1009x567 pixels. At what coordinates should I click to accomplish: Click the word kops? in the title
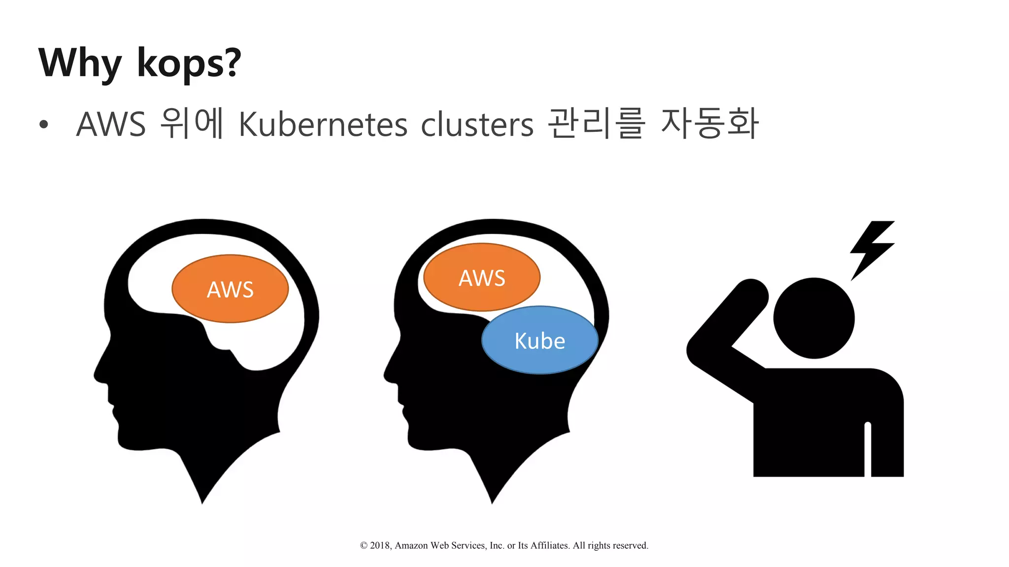pos(189,63)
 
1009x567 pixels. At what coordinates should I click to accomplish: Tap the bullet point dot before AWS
pos(44,125)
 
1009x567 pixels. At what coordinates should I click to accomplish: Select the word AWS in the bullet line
pos(111,124)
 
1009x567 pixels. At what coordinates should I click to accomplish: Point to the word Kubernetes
pos(323,124)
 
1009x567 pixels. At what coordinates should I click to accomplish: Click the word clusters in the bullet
pos(477,124)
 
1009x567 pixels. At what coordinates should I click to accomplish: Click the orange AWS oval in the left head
pos(230,289)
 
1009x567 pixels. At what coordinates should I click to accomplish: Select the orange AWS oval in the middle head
pos(481,277)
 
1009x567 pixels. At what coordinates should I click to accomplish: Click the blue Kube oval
pos(540,341)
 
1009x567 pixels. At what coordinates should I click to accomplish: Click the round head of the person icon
pos(813,318)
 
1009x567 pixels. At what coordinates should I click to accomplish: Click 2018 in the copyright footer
pos(380,545)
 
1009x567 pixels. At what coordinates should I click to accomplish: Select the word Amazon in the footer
pos(411,545)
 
